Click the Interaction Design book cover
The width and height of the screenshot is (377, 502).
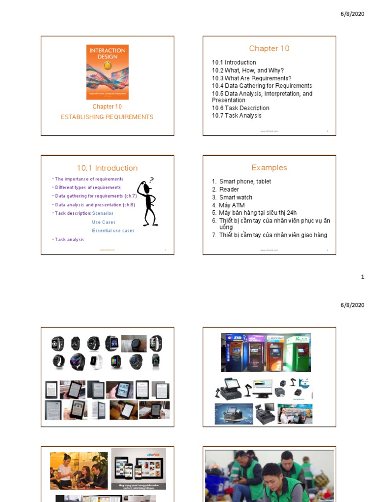pyautogui.click(x=108, y=72)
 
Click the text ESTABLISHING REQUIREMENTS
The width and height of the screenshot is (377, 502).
pyautogui.click(x=107, y=117)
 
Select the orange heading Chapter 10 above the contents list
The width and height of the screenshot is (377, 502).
pyautogui.click(x=269, y=49)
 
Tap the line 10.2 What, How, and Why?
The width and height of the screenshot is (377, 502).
pyautogui.click(x=248, y=71)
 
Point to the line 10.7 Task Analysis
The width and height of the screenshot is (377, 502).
pyautogui.click(x=237, y=116)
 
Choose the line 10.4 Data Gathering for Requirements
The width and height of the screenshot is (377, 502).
pyautogui.click(x=262, y=86)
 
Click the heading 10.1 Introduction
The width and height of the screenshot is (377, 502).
pyautogui.click(x=107, y=168)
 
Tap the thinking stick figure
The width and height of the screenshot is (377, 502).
pyautogui.click(x=147, y=202)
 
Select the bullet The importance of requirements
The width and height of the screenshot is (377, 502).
pyautogui.click(x=89, y=179)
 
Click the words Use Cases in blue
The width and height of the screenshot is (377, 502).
pyautogui.click(x=104, y=222)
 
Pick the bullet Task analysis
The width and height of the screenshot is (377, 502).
pyautogui.click(x=69, y=240)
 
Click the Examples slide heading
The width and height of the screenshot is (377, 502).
pyautogui.click(x=269, y=168)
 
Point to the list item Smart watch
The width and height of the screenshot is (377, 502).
pyautogui.click(x=236, y=198)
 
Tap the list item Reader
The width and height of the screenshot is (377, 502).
pyautogui.click(x=229, y=190)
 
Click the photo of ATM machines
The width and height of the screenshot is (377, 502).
pyautogui.click(x=266, y=352)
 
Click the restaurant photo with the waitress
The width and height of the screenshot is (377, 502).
pyautogui.click(x=79, y=471)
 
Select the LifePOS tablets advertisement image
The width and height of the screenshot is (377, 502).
pyautogui.click(x=138, y=468)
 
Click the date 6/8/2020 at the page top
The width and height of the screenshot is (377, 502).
pyautogui.click(x=352, y=14)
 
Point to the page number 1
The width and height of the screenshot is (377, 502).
pyautogui.click(x=363, y=277)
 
